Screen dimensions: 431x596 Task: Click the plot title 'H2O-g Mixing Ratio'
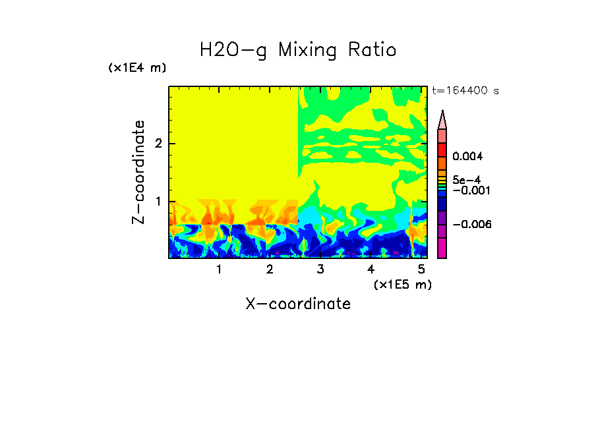[298, 50]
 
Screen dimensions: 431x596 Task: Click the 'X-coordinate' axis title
[298, 304]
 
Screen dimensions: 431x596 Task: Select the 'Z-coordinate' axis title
[138, 172]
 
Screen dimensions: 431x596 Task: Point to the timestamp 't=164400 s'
[465, 91]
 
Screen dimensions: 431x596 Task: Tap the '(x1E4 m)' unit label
[137, 68]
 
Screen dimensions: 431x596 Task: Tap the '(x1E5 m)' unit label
[402, 284]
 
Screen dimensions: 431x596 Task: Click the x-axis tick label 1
[219, 270]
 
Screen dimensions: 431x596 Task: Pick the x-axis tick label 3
[320, 270]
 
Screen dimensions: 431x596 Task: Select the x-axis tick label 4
[371, 270]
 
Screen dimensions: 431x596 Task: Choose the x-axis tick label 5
[421, 270]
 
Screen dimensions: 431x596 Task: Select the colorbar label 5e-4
[466, 179]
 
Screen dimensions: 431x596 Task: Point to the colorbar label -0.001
[469, 190]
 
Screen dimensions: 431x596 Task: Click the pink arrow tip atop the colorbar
[442, 119]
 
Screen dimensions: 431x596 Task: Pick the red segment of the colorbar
[442, 150]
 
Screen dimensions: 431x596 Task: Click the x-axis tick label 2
[270, 270]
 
